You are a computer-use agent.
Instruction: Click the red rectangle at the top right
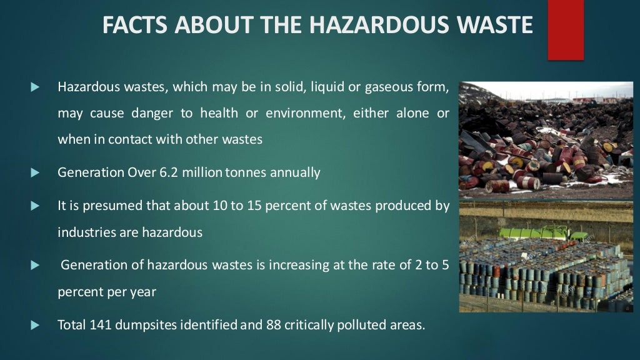tap(566, 30)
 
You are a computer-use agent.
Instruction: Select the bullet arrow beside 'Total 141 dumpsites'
tap(35, 325)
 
